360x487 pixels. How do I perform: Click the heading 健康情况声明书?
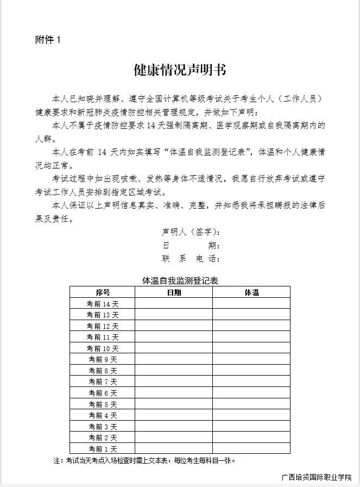180,70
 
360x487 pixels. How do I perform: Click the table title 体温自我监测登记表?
180,281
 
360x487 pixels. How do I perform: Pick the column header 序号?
103,292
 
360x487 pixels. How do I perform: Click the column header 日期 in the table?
174,292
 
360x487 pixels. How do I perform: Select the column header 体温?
251,292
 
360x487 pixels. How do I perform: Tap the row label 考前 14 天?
103,303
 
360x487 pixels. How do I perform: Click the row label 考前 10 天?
103,348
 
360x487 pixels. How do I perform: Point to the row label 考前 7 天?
103,382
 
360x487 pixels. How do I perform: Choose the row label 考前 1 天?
103,448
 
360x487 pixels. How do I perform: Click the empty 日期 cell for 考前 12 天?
174,326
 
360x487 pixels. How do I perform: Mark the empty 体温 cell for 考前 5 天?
251,404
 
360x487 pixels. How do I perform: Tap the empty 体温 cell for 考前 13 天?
251,315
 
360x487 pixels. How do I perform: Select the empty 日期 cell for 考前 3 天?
174,426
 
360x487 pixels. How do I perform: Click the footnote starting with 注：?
144,460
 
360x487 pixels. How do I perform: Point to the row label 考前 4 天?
103,415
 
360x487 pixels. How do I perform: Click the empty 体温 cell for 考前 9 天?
251,359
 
